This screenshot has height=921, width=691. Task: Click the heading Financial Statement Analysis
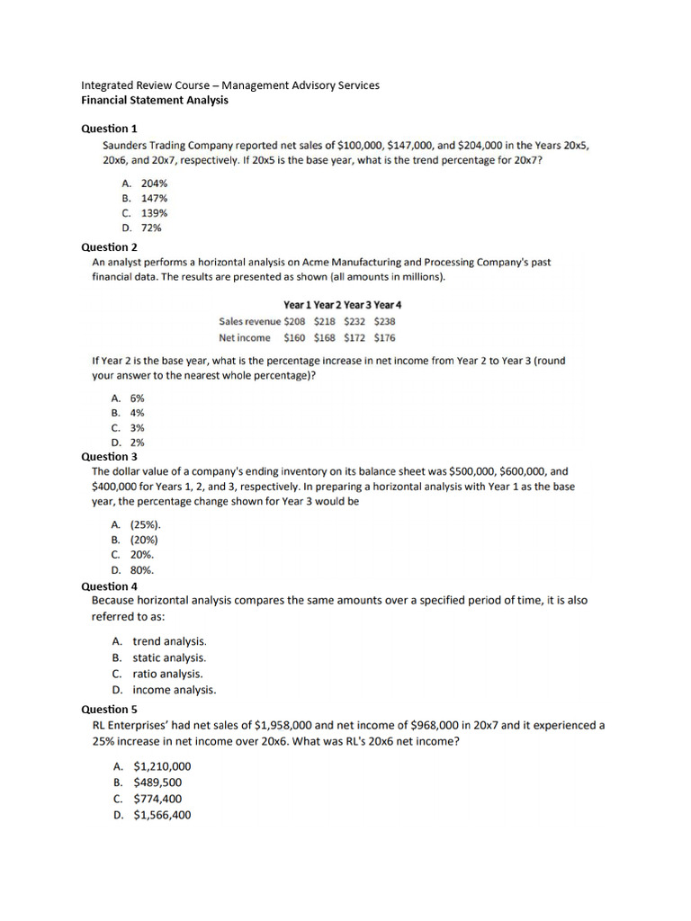point(155,100)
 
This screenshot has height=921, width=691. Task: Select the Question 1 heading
point(110,129)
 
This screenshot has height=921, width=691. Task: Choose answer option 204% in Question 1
point(154,182)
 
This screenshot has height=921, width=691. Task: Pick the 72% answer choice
point(151,228)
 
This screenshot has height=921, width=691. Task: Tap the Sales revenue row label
point(249,321)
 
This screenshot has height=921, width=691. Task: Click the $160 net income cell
point(294,337)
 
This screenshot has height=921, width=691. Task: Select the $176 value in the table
point(384,337)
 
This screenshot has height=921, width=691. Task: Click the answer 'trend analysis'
point(169,641)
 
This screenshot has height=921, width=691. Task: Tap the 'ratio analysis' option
point(167,674)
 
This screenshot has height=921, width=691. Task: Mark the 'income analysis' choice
point(175,690)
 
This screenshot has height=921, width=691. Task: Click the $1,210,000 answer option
point(161,766)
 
